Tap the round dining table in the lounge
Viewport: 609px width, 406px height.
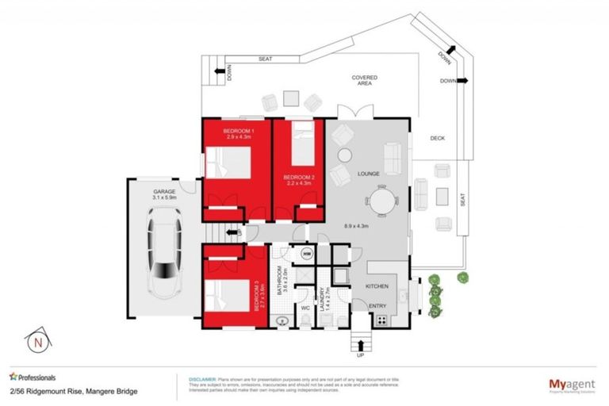pyautogui.click(x=385, y=200)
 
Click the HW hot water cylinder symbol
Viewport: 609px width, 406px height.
pyautogui.click(x=306, y=254)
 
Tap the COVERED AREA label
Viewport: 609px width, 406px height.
pyautogui.click(x=365, y=80)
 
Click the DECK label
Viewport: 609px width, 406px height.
pyautogui.click(x=437, y=138)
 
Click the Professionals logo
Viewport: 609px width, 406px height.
pyautogui.click(x=33, y=377)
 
